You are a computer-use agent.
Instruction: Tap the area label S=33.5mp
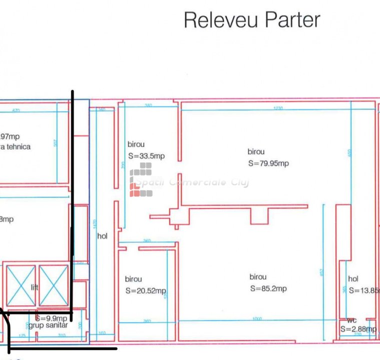[146, 156]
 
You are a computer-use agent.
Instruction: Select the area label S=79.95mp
[268, 163]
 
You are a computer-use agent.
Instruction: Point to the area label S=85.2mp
[268, 288]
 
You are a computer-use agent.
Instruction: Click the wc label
[352, 320]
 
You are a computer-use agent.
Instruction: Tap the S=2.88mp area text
[358, 328]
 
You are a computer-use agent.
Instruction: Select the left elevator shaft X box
[21, 285]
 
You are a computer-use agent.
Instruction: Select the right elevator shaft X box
[53, 285]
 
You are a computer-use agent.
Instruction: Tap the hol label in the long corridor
[102, 236]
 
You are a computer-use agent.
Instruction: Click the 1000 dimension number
[257, 318]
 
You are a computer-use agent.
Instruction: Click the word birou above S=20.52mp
[133, 279]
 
